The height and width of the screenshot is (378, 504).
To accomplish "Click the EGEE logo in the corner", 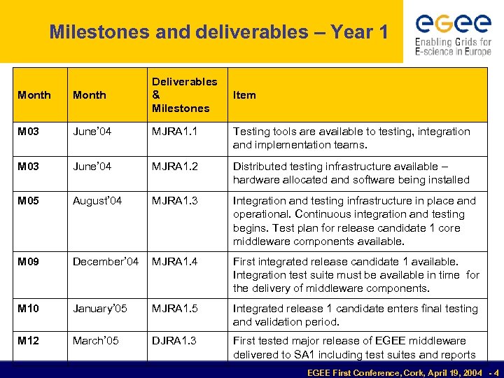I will pyautogui.click(x=453, y=32).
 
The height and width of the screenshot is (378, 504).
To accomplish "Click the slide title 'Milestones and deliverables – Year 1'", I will pyautogui.click(x=218, y=32).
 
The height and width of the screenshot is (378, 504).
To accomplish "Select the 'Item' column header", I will pyautogui.click(x=244, y=95).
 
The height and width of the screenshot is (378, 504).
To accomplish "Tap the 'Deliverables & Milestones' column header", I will pyautogui.click(x=184, y=95).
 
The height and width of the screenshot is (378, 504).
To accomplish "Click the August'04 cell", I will pyautogui.click(x=97, y=201).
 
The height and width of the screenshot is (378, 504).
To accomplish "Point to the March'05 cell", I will pyautogui.click(x=96, y=341).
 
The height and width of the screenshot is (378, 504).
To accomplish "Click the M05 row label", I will pyautogui.click(x=29, y=201).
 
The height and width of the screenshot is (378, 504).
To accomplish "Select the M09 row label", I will pyautogui.click(x=29, y=262).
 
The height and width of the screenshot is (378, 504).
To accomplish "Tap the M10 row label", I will pyautogui.click(x=29, y=309).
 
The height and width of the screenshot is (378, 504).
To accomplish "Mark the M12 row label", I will pyautogui.click(x=29, y=341).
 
